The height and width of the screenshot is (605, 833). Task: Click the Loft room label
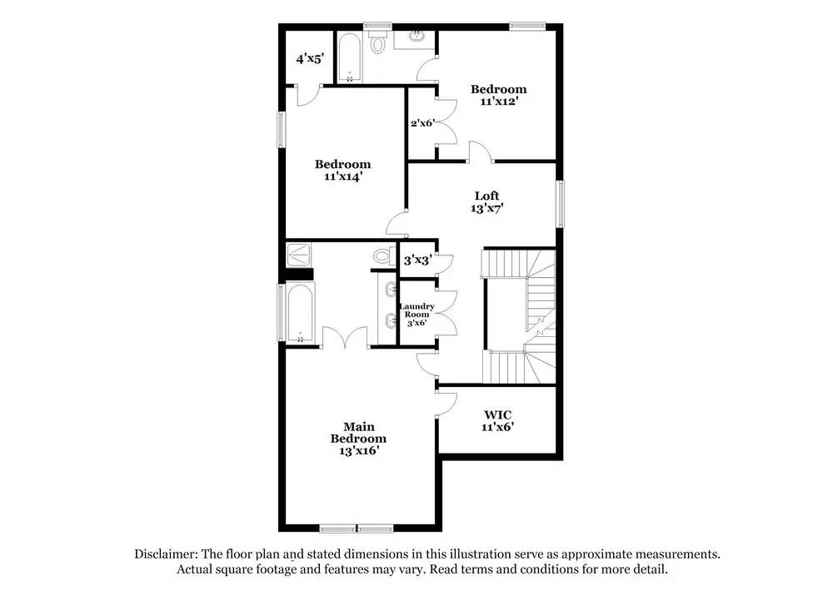(486, 196)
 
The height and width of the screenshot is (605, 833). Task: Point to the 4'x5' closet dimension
(310, 59)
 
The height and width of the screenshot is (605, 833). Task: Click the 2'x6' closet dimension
(423, 123)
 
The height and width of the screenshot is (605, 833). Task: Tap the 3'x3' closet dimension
(417, 260)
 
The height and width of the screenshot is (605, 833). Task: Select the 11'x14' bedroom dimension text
(342, 176)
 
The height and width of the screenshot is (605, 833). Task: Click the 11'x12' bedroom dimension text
(498, 102)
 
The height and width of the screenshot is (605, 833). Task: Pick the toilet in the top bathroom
(380, 43)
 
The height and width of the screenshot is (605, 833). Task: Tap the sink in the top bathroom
(416, 37)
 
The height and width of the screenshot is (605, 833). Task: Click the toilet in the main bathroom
(384, 256)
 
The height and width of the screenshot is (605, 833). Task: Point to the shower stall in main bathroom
(298, 255)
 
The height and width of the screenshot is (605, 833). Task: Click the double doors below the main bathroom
(344, 337)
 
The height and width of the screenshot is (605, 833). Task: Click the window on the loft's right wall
(561, 204)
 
